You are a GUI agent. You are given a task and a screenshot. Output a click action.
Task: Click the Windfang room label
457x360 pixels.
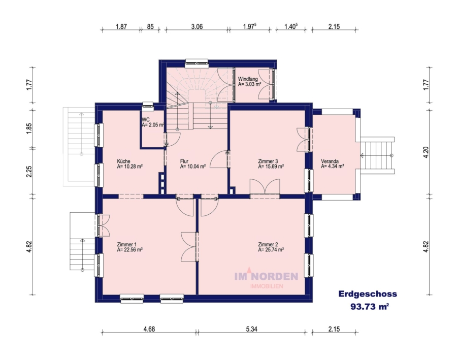click(248, 79)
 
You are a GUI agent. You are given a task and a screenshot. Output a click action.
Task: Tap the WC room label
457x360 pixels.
click(145, 120)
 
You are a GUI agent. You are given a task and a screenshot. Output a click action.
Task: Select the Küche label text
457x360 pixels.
click(123, 161)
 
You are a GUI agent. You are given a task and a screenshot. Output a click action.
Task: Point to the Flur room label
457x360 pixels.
click(184, 161)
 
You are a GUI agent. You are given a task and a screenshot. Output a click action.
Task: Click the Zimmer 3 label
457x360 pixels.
click(268, 161)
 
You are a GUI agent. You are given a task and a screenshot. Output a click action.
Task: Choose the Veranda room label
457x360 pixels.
click(330, 161)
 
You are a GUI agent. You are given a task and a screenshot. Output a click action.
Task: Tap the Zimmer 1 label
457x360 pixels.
click(126, 244)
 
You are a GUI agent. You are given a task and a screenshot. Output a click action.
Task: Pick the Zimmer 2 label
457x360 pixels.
click(268, 244)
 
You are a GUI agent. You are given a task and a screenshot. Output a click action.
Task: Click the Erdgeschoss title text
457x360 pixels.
click(368, 294)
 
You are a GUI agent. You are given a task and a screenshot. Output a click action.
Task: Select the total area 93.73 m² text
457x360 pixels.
click(370, 307)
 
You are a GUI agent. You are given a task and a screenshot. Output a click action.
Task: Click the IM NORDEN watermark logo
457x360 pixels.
click(266, 278)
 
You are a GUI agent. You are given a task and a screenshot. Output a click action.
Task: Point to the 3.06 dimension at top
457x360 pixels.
click(197, 26)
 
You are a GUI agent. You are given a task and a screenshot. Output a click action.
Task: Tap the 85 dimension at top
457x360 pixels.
click(150, 26)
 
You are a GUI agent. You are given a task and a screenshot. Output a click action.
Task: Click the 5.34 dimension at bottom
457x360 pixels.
click(251, 329)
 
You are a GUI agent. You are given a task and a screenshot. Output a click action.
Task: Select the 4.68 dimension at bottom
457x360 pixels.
click(149, 329)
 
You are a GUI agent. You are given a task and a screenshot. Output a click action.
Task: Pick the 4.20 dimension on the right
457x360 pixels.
click(426, 152)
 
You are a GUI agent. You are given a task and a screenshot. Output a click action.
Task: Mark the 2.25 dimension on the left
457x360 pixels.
click(29, 172)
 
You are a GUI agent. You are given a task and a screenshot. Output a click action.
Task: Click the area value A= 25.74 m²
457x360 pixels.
click(271, 250)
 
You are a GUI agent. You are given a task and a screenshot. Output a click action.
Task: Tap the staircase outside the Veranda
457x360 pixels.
click(377, 155)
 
